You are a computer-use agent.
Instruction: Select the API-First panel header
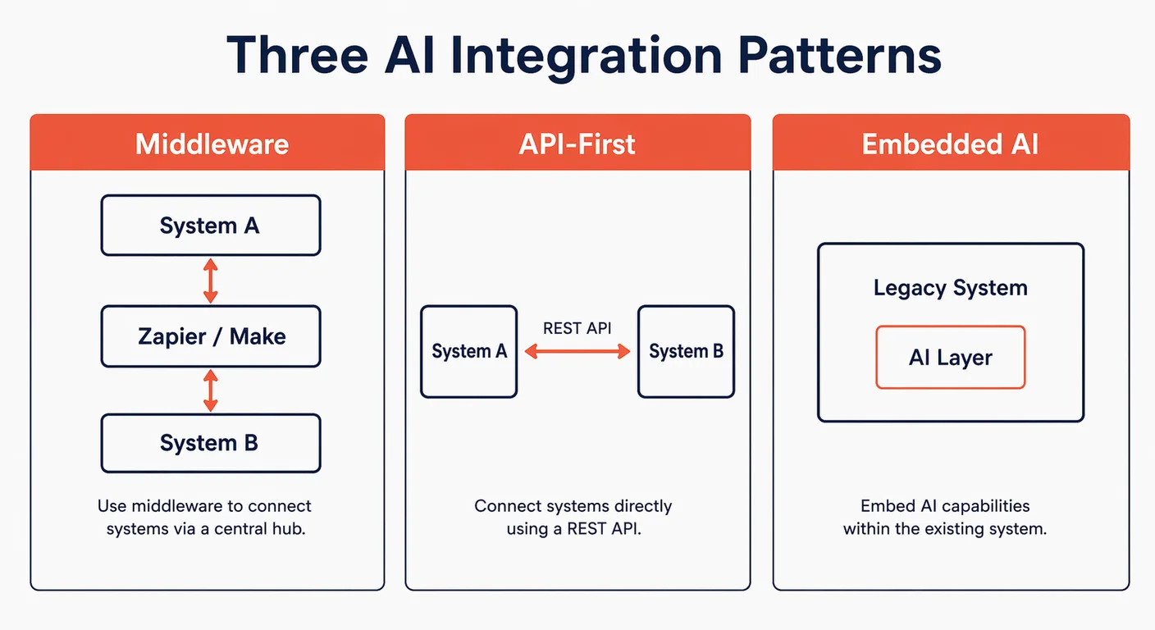[577, 144]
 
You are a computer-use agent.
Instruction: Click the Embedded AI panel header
[951, 144]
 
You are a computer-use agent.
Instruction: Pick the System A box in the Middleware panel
[210, 226]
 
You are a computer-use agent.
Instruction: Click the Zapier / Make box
[210, 336]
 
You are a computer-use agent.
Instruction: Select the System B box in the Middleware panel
[210, 443]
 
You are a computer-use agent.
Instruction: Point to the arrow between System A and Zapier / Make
[210, 281]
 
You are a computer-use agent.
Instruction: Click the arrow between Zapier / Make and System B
[210, 390]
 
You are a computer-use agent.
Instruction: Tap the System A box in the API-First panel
[469, 352]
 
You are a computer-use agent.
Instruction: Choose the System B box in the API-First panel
[686, 352]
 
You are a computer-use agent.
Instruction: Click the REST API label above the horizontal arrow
[577, 328]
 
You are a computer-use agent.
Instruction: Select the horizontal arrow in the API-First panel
[577, 352]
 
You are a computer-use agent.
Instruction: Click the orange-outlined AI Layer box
[951, 358]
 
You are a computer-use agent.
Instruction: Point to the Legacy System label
[951, 288]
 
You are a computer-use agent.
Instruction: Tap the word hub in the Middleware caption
[289, 529]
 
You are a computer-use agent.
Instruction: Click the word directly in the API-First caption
[640, 506]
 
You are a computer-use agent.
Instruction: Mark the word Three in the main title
[297, 56]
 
